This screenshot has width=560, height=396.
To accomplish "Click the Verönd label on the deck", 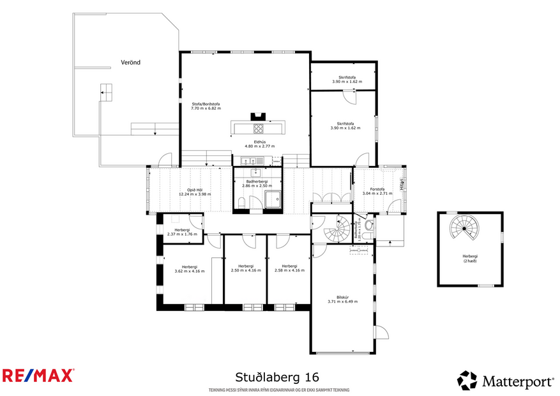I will pos(130,63).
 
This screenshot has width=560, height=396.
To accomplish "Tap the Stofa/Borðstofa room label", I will pos(206,106).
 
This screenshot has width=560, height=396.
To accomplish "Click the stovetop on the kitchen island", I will pos(259,128).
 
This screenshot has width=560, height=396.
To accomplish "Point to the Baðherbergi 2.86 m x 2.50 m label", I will pos(255,183).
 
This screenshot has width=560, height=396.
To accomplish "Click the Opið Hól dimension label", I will pos(195,192).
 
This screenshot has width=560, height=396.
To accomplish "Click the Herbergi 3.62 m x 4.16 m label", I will pos(189,268).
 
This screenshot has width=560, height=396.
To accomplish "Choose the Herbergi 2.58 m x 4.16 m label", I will pos(289,268).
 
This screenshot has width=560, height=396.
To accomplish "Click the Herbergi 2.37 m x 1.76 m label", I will pos(181,232).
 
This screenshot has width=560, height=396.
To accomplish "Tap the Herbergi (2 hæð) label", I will pos(470,258).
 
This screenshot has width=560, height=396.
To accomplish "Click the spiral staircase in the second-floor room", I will pos(464,227).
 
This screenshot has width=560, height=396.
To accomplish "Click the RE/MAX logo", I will pos(38,376).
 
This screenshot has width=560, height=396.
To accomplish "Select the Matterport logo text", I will pos(517,381).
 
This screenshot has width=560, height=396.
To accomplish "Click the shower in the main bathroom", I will pos(274,200).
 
